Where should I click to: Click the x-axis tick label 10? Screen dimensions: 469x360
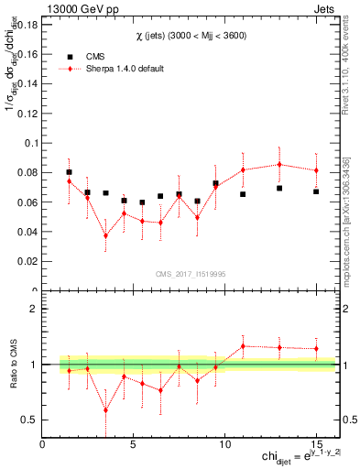pos(224,443)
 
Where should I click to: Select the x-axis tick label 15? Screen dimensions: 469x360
pos(316,443)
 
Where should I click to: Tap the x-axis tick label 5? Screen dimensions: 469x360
pos(134,443)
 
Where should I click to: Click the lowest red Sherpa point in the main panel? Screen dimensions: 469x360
pos(105,235)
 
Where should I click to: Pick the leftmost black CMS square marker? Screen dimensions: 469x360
pos(69,172)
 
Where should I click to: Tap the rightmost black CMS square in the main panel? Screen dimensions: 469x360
pos(316,191)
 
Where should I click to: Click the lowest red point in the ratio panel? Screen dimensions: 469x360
pos(105,410)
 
